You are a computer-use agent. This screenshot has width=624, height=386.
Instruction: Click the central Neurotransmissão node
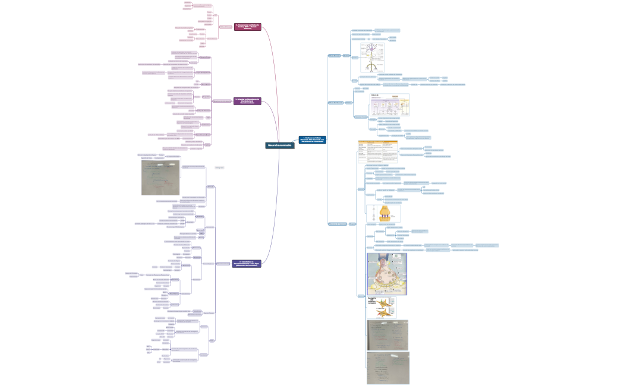[x=279, y=145]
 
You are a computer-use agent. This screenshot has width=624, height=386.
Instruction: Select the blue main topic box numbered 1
[x=312, y=140]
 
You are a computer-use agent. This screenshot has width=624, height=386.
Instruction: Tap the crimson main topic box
[x=248, y=27]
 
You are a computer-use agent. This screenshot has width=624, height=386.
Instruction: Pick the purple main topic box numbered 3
[x=248, y=102]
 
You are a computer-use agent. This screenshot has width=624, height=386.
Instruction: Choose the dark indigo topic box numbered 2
[x=247, y=263]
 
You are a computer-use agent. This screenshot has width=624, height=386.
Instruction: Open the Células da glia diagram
[x=390, y=105]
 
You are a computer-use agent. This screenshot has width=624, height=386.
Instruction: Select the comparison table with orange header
[x=377, y=151]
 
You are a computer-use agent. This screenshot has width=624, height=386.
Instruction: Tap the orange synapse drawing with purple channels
[x=384, y=213]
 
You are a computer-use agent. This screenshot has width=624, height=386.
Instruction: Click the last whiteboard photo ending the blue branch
[x=387, y=368]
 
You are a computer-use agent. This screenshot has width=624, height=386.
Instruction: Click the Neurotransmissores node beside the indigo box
[x=223, y=264]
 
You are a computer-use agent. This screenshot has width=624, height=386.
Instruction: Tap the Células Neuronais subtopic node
[x=334, y=56]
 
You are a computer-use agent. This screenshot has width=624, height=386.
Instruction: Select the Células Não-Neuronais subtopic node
[x=336, y=103]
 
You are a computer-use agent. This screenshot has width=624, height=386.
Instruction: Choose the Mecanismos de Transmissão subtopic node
[x=336, y=223]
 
